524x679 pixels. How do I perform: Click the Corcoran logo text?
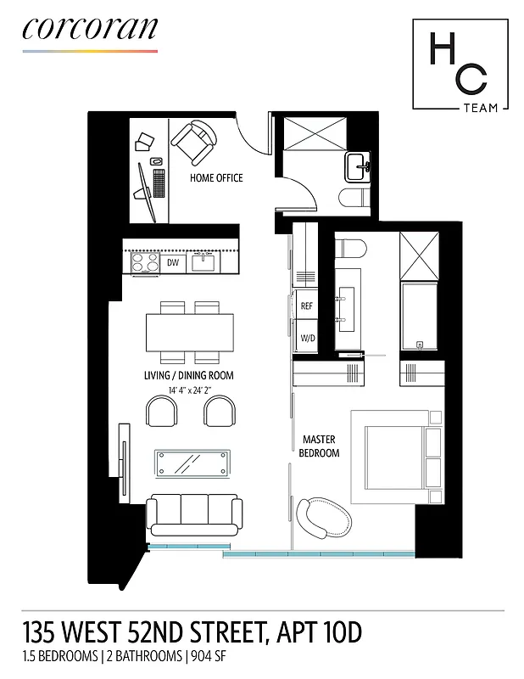click(89, 28)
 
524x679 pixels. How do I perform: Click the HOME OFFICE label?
click(216, 178)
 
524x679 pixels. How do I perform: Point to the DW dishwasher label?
click(173, 263)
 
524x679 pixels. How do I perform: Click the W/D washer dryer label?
click(307, 338)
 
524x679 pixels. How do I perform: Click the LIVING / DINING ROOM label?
click(189, 375)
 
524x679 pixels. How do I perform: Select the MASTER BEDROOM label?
click(321, 446)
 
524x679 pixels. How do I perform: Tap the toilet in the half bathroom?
click(354, 198)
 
